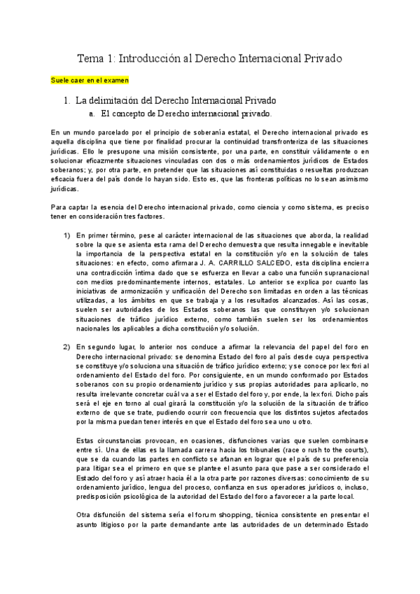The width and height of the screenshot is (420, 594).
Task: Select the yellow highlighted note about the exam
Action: coord(90,81)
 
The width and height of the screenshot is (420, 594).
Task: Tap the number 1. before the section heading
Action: coord(67,100)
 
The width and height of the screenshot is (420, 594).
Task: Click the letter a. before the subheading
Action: coord(92,112)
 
